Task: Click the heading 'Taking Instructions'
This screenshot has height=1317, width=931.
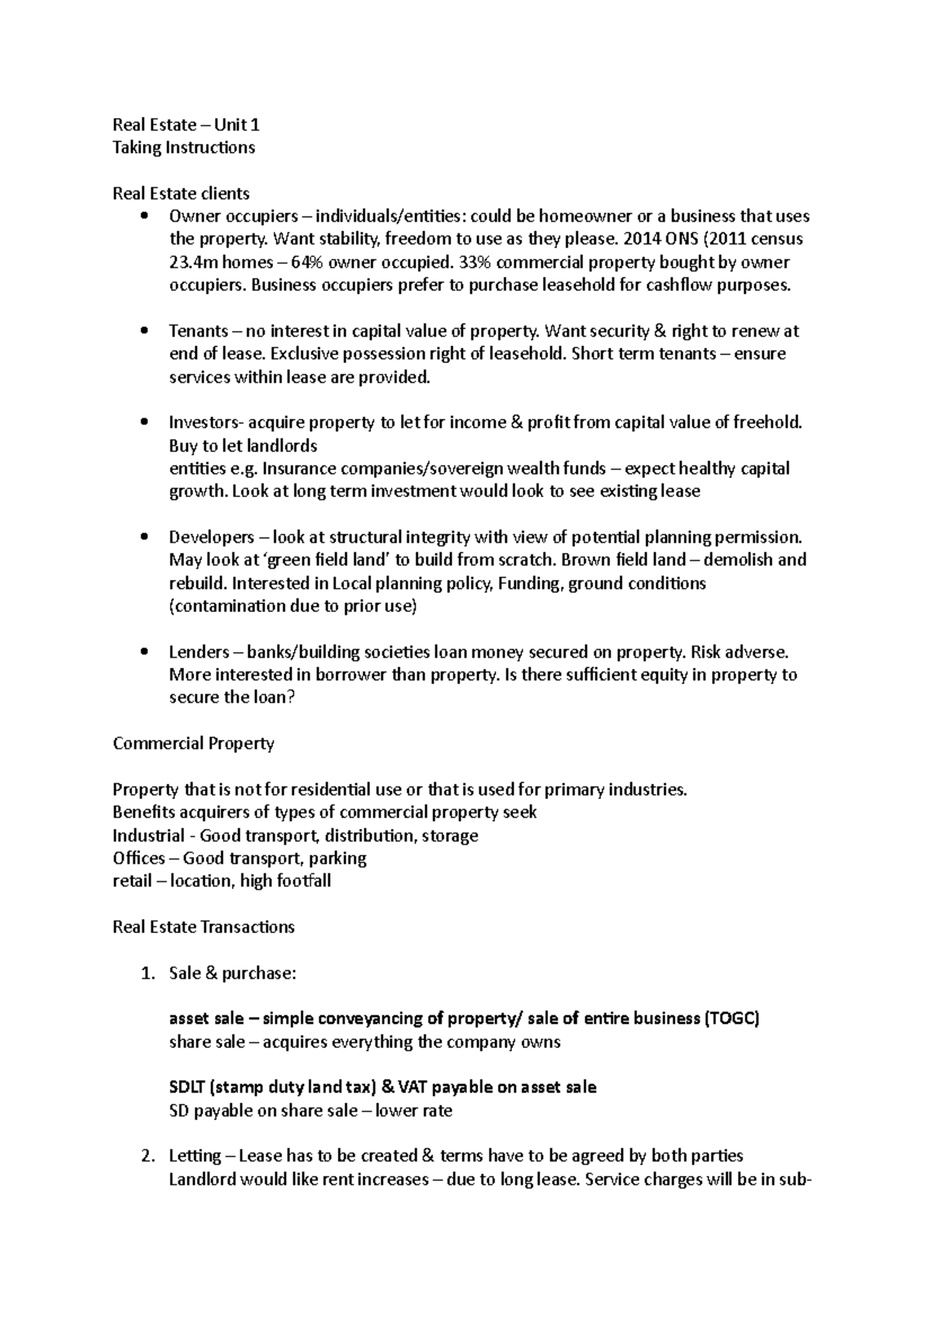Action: (x=184, y=147)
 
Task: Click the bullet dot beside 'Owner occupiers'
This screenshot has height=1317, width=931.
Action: (x=144, y=216)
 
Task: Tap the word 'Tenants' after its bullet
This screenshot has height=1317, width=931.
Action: (x=199, y=331)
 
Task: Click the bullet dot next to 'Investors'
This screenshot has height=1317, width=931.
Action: (x=144, y=423)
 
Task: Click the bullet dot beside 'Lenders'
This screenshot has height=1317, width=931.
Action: (x=144, y=652)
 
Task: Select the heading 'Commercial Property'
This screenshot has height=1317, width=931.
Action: (x=193, y=744)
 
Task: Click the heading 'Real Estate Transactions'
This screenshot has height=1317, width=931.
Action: (x=203, y=928)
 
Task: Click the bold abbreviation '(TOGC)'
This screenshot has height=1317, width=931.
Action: (x=732, y=1019)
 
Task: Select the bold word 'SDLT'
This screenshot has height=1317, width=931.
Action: (x=186, y=1088)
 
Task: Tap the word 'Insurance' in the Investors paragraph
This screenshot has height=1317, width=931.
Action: (x=299, y=469)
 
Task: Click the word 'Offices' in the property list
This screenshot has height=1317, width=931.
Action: (x=138, y=859)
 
